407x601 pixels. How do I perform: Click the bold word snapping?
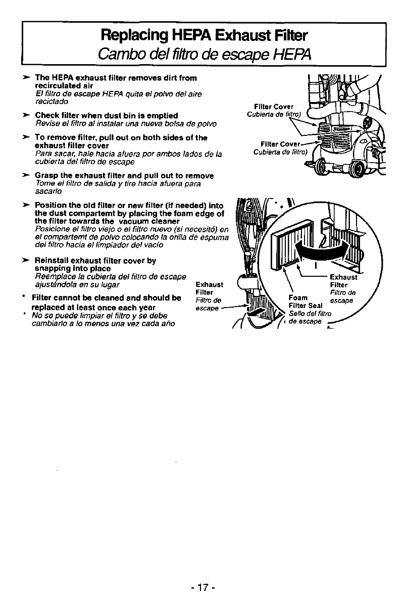coord(52,268)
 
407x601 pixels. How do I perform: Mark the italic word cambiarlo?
coord(48,323)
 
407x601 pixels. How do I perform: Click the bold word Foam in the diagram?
coord(296,297)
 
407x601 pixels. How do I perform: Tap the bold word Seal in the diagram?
coord(314,306)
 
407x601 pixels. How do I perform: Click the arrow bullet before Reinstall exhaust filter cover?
coord(25,261)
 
